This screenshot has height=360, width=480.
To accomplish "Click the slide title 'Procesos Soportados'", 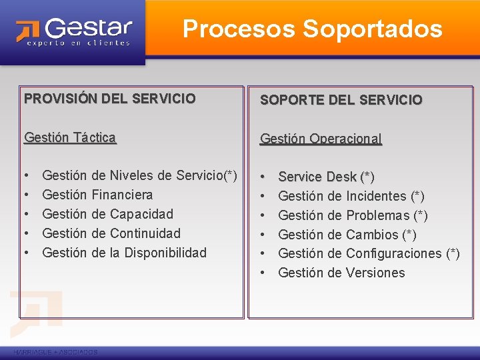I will pos(312,29).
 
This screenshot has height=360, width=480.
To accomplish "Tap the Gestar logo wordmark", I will pos(89,28).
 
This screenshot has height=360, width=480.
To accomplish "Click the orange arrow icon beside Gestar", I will pos(27,31).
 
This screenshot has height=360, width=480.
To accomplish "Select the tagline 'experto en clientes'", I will pos(78,43).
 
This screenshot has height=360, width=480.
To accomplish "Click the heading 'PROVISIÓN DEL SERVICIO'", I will pos(110,99).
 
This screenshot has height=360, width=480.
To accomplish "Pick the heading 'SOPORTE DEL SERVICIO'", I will pos(341,100).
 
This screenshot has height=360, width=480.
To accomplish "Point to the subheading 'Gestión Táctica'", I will pos(70,137).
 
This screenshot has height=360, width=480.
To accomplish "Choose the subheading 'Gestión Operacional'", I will pos(321,139).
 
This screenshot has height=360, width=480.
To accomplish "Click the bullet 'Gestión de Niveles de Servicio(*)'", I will pos(139,175).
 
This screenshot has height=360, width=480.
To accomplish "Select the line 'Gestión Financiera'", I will pos(97,195).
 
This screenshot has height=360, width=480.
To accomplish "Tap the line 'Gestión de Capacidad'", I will pos(107,214).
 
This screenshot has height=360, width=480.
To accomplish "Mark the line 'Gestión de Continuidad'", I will pos(111,233).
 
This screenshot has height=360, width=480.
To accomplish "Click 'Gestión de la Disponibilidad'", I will pos(124,253).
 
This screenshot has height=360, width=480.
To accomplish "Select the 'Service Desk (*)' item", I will pos(326,177).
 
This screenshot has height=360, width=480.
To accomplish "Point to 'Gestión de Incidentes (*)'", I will pos(351,196).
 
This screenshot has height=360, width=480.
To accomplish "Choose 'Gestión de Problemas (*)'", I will pos(353,215).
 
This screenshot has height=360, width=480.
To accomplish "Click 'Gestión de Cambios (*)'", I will pos(347,235).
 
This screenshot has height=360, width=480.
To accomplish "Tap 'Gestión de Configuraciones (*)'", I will pos(369,253).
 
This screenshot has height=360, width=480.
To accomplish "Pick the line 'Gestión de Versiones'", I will pos(341,273).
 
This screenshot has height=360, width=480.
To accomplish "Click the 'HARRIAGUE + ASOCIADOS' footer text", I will pos(55,352).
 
